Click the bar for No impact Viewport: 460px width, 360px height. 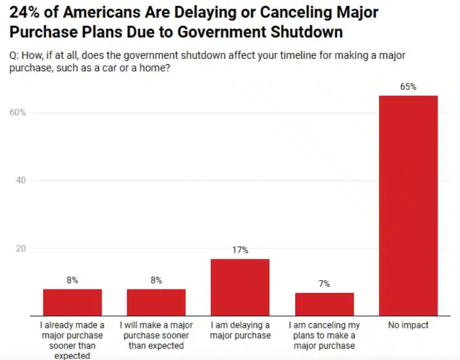pyautogui.click(x=408, y=205)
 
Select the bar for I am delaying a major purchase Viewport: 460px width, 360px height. pyautogui.click(x=240, y=287)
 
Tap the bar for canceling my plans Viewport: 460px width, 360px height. pyautogui.click(x=324, y=304)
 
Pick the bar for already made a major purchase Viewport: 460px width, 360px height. pyautogui.click(x=72, y=302)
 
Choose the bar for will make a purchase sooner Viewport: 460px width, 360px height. pyautogui.click(x=156, y=302)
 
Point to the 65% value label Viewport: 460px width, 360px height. pyautogui.click(x=408, y=86)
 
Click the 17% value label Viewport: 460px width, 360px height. pyautogui.click(x=240, y=250)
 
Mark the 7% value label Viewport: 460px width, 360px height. pyautogui.click(x=324, y=284)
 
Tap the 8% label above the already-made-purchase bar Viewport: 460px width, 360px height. pyautogui.click(x=72, y=281)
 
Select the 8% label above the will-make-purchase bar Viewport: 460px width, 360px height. pyautogui.click(x=156, y=281)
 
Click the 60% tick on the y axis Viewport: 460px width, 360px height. pyautogui.click(x=18, y=112)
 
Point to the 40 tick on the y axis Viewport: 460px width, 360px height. pyautogui.click(x=21, y=181)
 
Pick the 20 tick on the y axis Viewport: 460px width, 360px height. pyautogui.click(x=21, y=249)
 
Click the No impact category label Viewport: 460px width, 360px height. pyautogui.click(x=408, y=325)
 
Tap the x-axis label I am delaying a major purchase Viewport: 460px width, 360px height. pyautogui.click(x=240, y=330)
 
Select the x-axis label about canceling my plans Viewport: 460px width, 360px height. pyautogui.click(x=324, y=335)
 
